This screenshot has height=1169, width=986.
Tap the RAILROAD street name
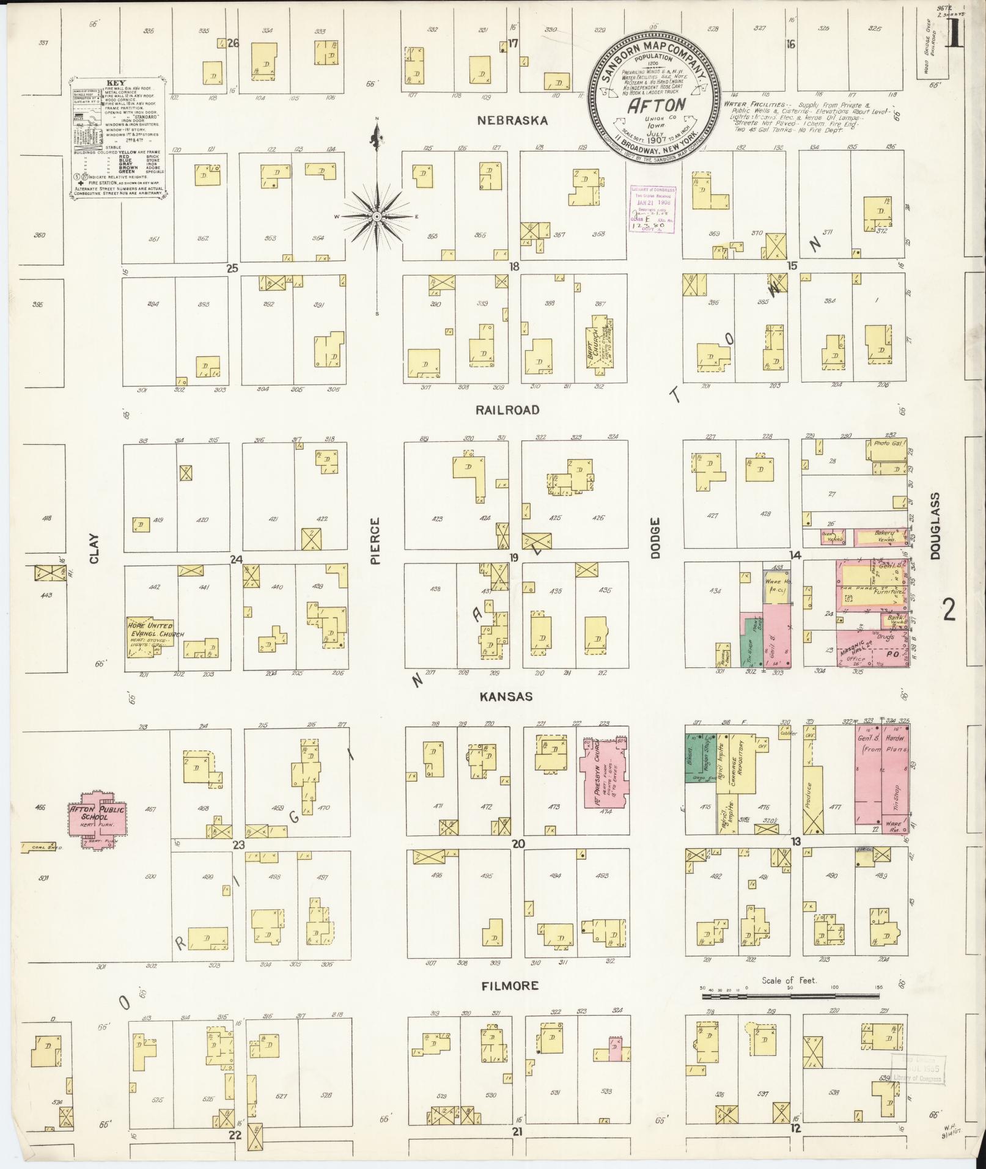(x=508, y=410)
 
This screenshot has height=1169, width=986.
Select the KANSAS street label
(x=506, y=697)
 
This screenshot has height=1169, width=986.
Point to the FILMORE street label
(x=510, y=986)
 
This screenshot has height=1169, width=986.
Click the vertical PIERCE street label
(x=375, y=541)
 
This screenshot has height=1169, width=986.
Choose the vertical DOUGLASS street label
(x=936, y=527)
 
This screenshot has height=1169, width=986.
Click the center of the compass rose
(x=377, y=216)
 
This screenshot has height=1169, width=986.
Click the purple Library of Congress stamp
(x=652, y=209)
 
